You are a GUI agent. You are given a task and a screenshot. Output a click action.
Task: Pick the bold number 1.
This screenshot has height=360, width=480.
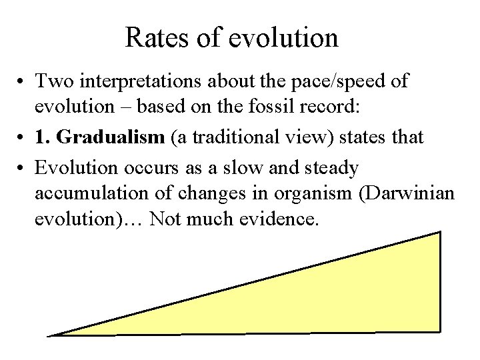[41, 138]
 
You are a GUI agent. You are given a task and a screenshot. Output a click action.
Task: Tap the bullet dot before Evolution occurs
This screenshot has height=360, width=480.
[21, 167]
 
